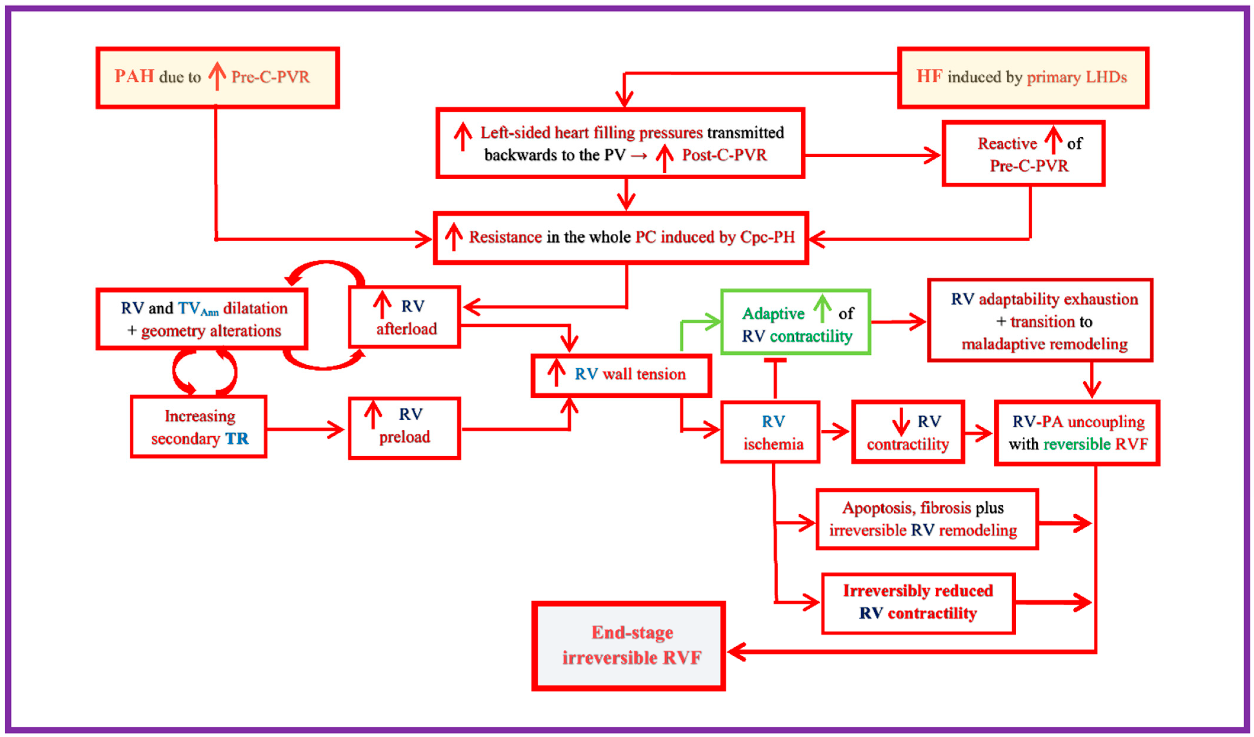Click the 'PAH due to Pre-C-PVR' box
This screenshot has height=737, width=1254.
pos(218,77)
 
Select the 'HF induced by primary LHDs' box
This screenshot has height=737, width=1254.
pos(1023,77)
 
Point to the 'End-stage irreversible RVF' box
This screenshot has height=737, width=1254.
pos(628,646)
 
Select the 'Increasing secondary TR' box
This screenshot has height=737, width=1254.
pos(199,427)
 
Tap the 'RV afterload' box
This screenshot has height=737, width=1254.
pos(405,317)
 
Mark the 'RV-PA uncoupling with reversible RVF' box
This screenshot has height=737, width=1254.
pos(1077,433)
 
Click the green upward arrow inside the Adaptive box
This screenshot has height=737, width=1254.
pos(823,309)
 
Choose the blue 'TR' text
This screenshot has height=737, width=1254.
pos(237,439)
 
